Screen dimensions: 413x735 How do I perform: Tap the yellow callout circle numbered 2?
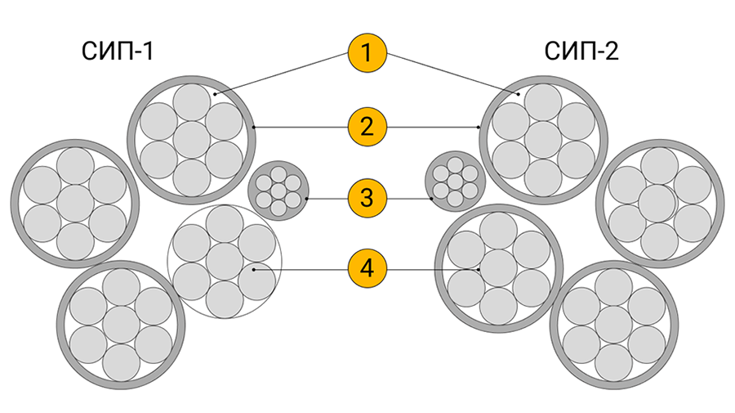(x=367, y=127)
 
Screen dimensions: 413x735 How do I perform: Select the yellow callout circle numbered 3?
(x=367, y=198)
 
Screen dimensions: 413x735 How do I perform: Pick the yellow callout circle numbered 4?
(x=367, y=268)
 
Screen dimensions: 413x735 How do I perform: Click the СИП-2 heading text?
(x=581, y=52)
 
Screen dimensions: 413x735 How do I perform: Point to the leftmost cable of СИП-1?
(x=74, y=202)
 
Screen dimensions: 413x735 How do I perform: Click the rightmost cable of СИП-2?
(x=661, y=202)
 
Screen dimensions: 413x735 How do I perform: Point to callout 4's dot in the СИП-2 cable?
(x=478, y=268)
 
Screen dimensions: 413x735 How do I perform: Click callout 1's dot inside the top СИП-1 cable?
(x=216, y=95)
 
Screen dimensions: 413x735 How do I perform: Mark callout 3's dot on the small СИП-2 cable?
(x=430, y=198)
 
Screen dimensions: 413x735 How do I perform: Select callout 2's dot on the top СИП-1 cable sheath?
(x=254, y=127)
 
